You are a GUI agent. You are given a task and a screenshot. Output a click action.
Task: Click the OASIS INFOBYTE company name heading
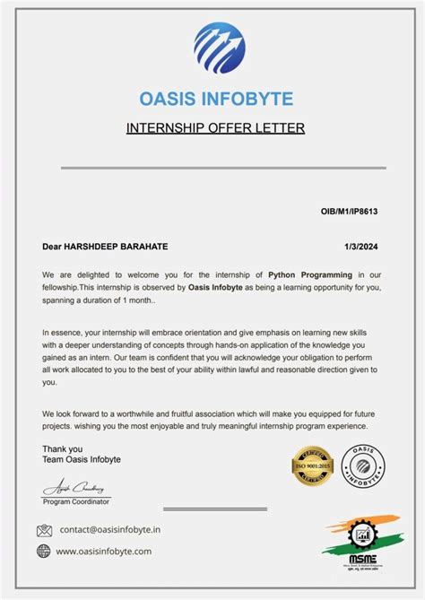click(215, 99)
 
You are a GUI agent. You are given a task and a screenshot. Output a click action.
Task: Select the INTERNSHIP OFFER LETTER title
click(215, 127)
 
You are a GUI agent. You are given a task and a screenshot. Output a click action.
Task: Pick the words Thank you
click(62, 448)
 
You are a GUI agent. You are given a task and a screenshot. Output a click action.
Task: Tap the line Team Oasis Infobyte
click(81, 459)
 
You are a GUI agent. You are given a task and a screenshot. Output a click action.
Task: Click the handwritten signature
click(76, 488)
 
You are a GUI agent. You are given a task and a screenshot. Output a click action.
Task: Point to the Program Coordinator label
click(76, 502)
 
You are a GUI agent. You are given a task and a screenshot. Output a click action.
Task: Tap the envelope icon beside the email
click(44, 530)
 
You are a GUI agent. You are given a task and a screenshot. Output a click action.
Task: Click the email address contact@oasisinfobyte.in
click(110, 530)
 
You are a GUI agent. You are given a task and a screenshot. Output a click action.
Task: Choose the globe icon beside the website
click(44, 551)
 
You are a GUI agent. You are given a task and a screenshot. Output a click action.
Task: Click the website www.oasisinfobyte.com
click(104, 551)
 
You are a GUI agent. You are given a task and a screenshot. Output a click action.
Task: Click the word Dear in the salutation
click(51, 246)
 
